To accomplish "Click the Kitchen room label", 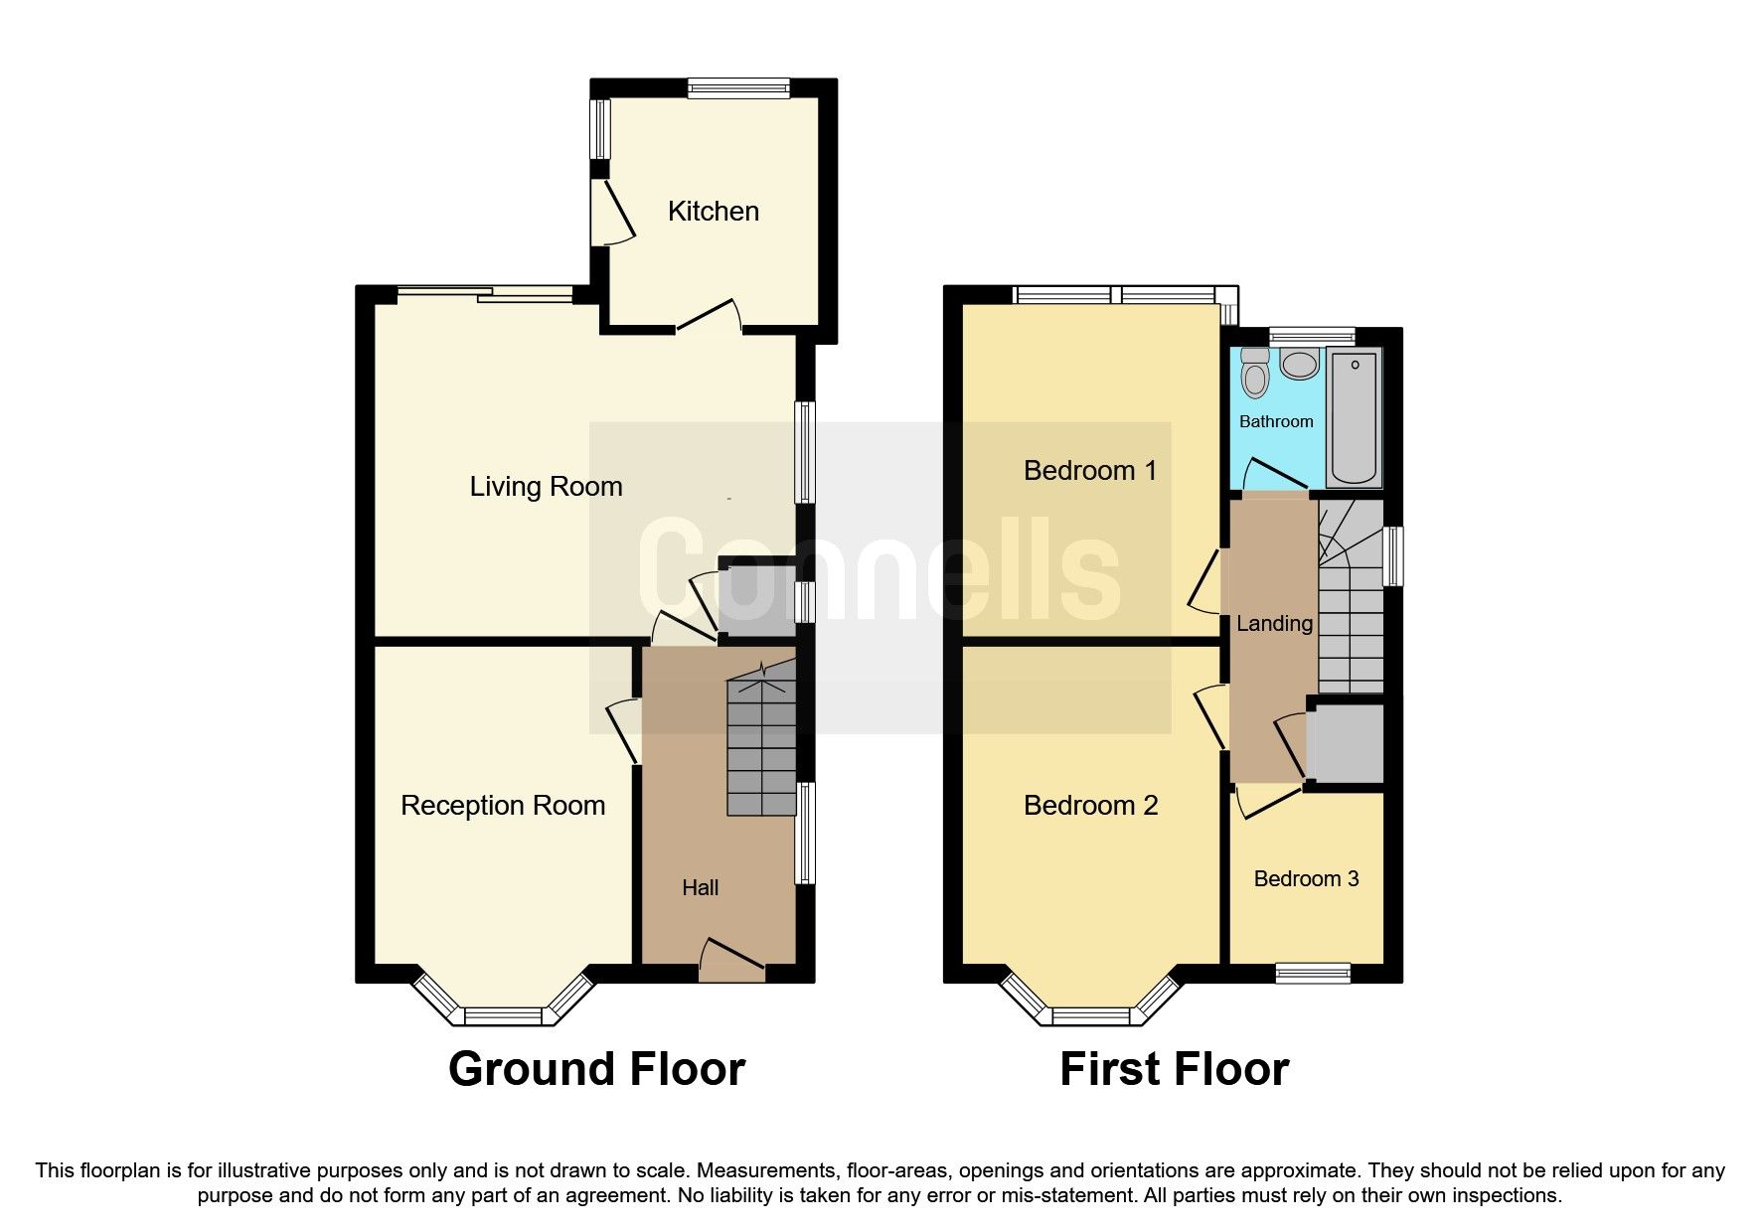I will (x=713, y=211).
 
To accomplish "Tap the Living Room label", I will (x=546, y=486).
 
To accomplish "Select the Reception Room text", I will (x=502, y=805).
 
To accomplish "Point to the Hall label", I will (x=700, y=887).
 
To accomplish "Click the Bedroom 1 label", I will (x=1090, y=470).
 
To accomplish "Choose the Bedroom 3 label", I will (x=1306, y=878).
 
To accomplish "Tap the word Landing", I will (x=1274, y=623).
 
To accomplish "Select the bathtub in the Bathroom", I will (x=1355, y=417).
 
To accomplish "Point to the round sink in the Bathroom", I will (x=1298, y=364).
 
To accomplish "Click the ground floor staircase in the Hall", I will (x=762, y=745).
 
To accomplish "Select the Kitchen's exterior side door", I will (x=613, y=212).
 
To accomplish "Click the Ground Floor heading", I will (x=596, y=1069).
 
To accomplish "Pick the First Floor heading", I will (x=1174, y=1069).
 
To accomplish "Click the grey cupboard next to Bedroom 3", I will (x=1345, y=743).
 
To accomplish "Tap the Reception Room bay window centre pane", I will (x=504, y=1015).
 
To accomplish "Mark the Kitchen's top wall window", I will (x=738, y=88).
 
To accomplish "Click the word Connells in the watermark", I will (x=880, y=576).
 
